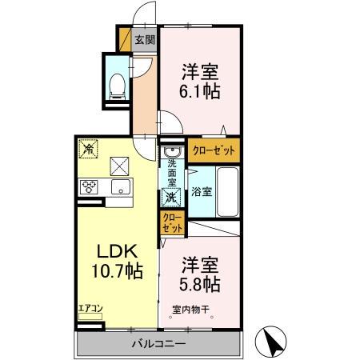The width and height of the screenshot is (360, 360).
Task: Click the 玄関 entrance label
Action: coord(145,40)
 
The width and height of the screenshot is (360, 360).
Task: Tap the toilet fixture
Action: coord(118,86)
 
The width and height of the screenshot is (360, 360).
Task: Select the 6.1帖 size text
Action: coord(200,91)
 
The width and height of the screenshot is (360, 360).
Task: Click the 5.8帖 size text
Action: coord(200,284)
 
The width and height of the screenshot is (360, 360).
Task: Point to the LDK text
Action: coord(117,251)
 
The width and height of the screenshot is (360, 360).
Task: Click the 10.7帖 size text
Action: coord(118,271)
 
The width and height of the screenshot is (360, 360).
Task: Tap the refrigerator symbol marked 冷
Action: coord(88,149)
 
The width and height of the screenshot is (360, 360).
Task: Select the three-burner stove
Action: coord(89,186)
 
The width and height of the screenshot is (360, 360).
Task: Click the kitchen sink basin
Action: coord(121,186)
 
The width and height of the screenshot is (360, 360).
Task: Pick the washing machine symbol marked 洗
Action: coord(170,197)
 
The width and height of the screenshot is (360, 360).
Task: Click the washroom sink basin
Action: coord(172,152)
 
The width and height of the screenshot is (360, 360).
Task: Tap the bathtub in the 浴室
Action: coord(227,192)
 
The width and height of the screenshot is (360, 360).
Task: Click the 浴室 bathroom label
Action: coord(202,191)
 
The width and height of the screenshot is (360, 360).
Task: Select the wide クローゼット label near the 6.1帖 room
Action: coord(214,151)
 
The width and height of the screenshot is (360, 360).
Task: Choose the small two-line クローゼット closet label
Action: coord(173,223)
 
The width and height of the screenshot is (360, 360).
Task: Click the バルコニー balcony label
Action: coord(158,343)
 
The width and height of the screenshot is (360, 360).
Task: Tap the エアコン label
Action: coord(90,309)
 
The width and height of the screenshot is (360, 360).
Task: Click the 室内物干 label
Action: coord(190,310)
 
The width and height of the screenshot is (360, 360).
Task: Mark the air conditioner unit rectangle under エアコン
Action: coord(90,317)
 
